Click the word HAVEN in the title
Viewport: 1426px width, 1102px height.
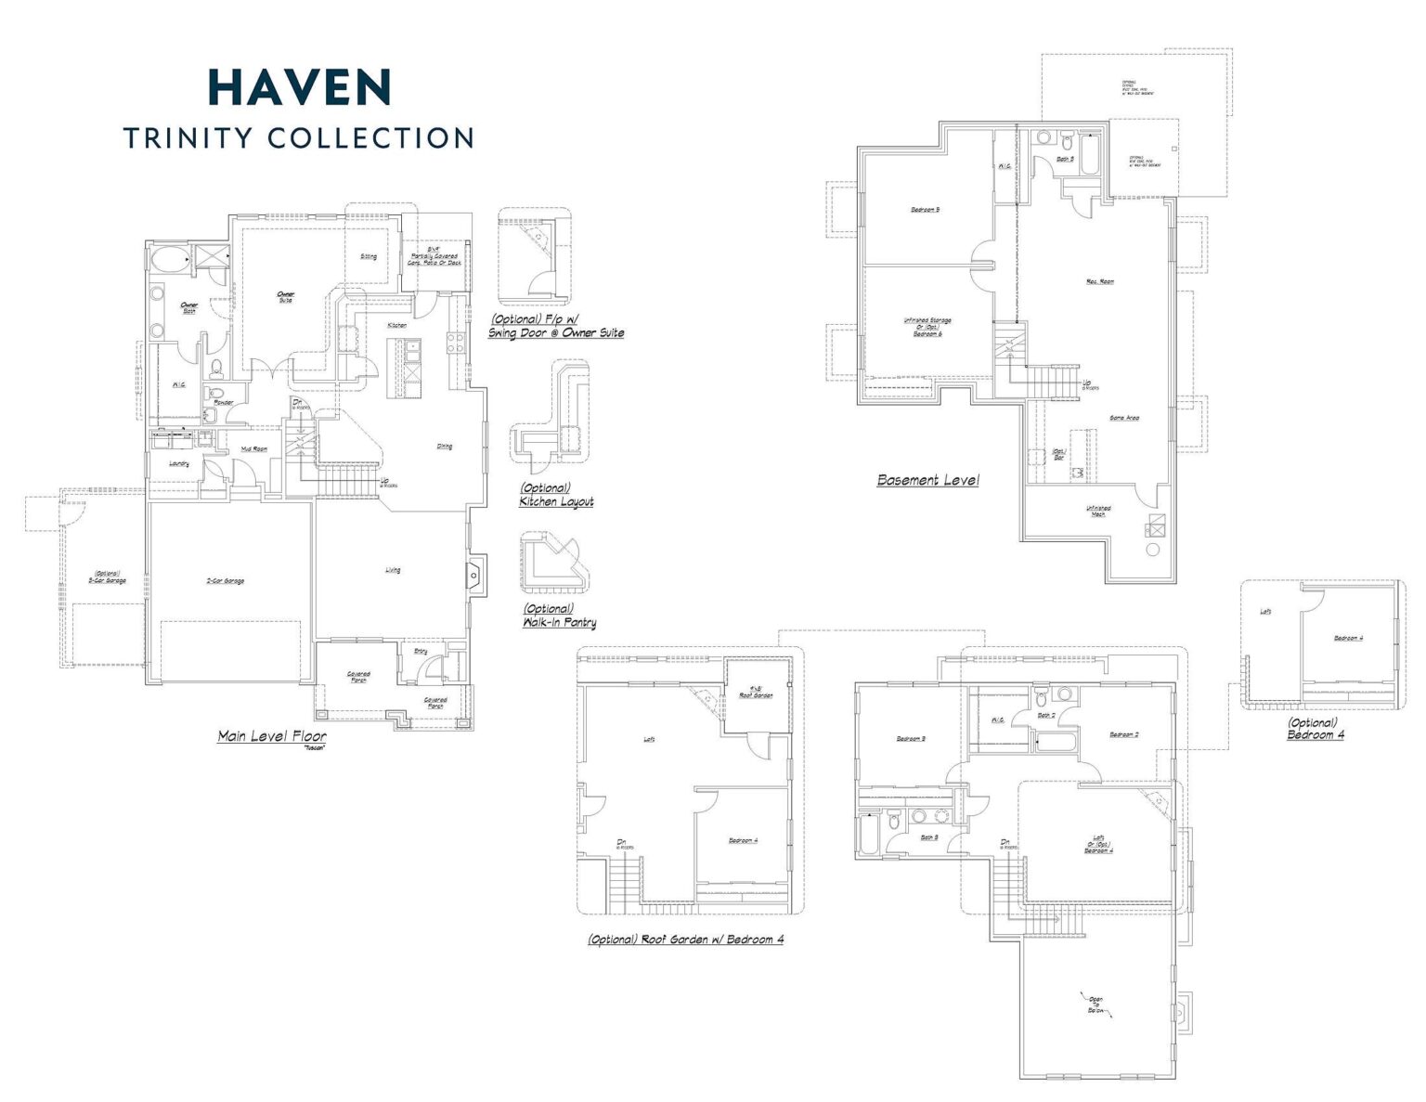[x=299, y=87]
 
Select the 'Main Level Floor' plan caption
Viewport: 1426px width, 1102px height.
[x=272, y=736]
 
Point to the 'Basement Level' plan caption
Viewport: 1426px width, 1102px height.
[x=927, y=480]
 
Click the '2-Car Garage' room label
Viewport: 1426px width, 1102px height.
[x=225, y=581]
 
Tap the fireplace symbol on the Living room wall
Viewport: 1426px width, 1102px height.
[x=476, y=576]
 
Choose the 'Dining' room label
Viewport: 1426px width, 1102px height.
[x=445, y=447]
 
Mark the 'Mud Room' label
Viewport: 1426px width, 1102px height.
[x=254, y=449]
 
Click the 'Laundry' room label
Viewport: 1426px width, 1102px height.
[x=179, y=464]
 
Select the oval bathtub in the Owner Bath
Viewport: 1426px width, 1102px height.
[x=169, y=259]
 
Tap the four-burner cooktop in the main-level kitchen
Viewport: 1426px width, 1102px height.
[x=456, y=343]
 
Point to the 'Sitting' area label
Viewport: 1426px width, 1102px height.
[x=369, y=256]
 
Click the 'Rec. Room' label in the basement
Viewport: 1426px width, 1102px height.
[x=1100, y=281]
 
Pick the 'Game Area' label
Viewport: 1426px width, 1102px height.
[x=1124, y=418]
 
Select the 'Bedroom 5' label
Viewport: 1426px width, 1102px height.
[x=925, y=210]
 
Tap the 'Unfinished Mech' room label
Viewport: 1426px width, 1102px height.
[x=1098, y=511]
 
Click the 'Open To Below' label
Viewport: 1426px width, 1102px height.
[x=1096, y=1005]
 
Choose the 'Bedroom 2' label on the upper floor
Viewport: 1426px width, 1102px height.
[x=1123, y=734]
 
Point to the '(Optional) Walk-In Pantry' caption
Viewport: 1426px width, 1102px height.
[x=559, y=616]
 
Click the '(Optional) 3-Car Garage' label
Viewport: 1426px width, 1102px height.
[x=108, y=577]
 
